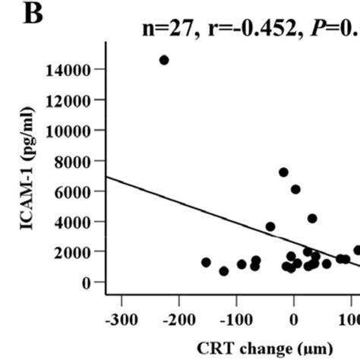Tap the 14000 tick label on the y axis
coord(70,70)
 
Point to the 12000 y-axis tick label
coord(70,100)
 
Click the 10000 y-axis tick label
coord(70,131)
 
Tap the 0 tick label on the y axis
coord(87,283)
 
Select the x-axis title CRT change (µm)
coord(266,348)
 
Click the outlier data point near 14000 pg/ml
coord(164,60)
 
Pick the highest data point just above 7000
coord(283,172)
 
